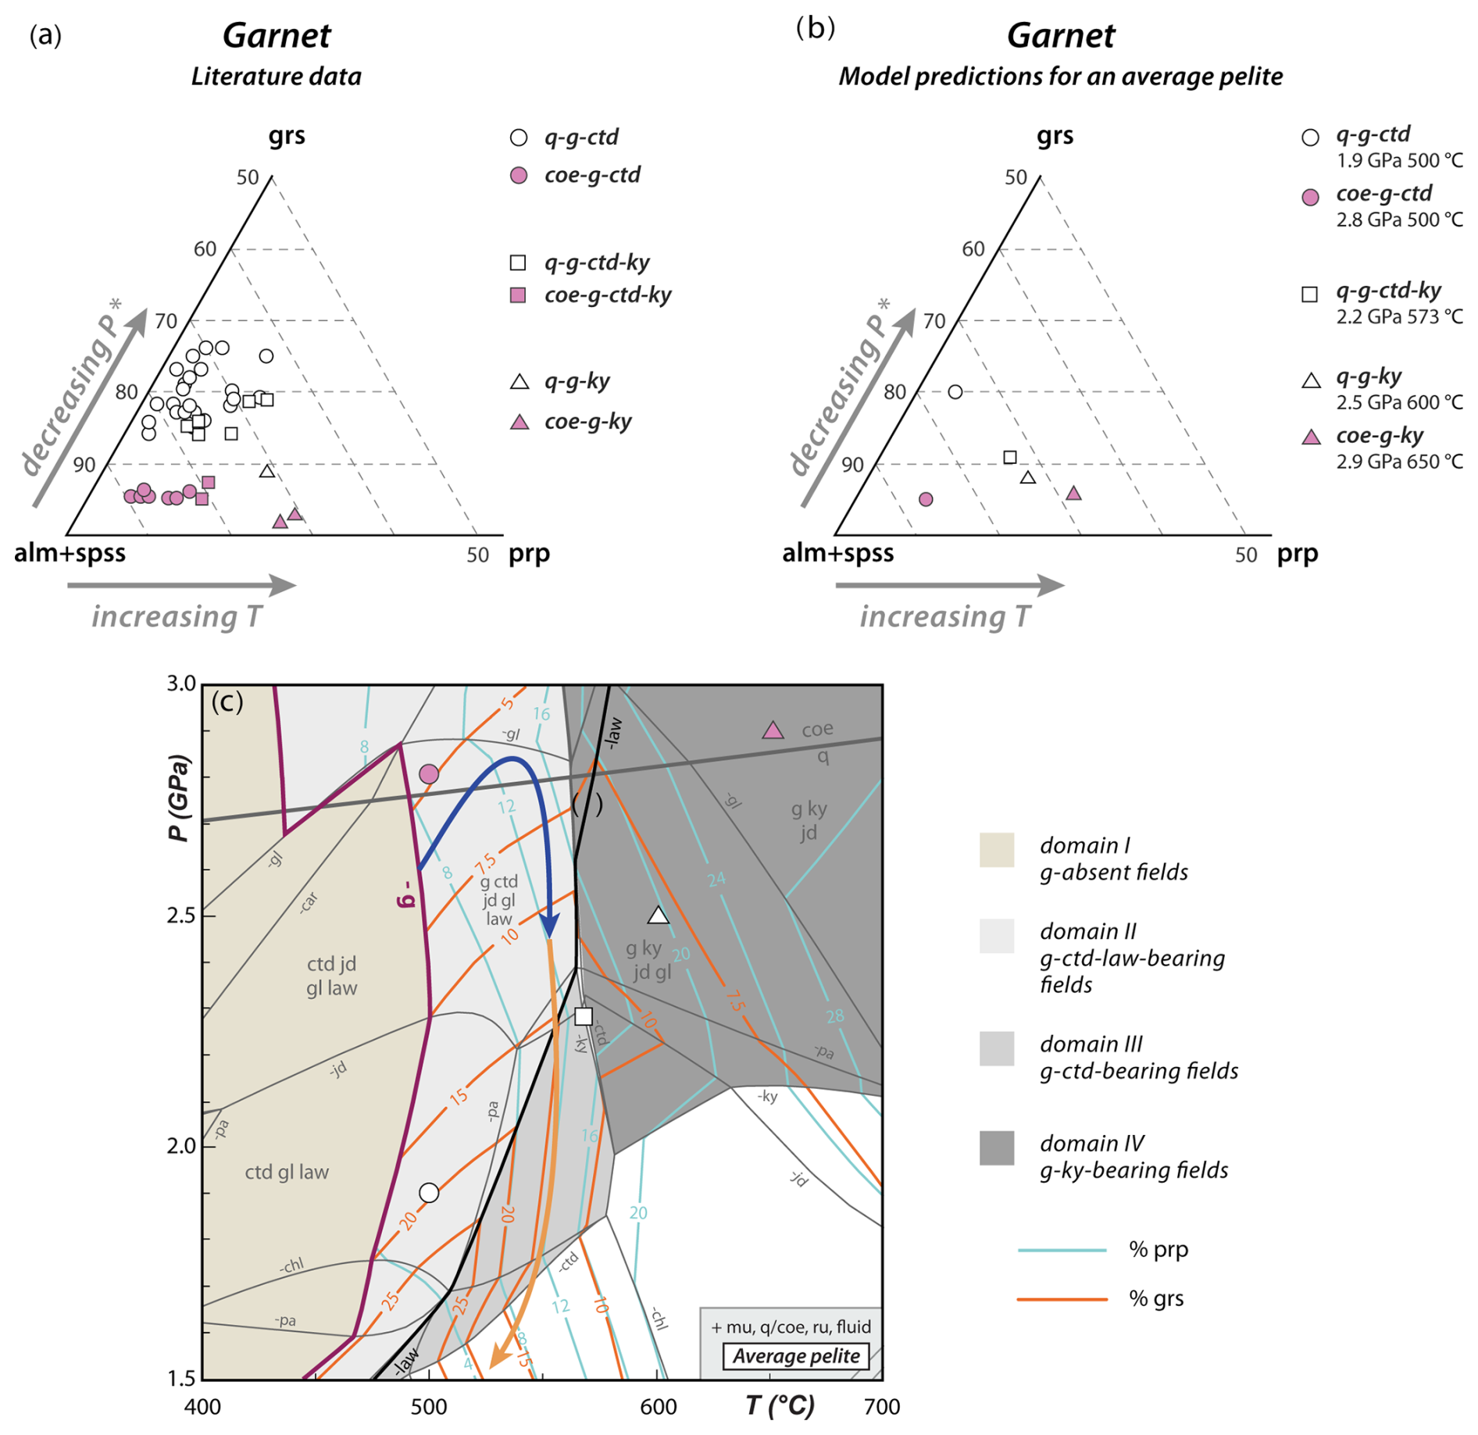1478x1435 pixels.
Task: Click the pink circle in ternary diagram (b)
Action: click(x=926, y=499)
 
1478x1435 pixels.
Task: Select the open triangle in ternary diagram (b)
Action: click(x=1028, y=477)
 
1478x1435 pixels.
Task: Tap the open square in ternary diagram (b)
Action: click(x=1010, y=457)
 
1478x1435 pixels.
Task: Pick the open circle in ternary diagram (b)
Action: click(x=955, y=391)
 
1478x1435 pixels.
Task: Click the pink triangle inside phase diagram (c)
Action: click(x=773, y=731)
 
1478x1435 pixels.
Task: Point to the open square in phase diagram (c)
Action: click(x=584, y=1016)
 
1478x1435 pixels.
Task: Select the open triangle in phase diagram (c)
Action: click(x=659, y=916)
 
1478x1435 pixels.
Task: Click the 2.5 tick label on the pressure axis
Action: click(x=180, y=915)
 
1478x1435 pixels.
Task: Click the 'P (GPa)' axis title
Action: click(x=179, y=798)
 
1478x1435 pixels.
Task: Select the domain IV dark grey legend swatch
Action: click(x=997, y=1148)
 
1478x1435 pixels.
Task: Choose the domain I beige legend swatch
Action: click(x=997, y=851)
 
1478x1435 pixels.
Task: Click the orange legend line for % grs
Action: click(x=1062, y=1299)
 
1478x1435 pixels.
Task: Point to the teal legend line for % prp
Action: click(x=1062, y=1250)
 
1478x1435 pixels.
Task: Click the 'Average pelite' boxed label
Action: click(x=796, y=1356)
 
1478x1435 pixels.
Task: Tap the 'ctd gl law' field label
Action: click(x=287, y=1172)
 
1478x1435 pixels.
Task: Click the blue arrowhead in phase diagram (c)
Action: click(x=550, y=927)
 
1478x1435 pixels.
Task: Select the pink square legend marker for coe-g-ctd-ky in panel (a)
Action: click(x=518, y=295)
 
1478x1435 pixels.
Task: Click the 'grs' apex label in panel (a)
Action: click(x=287, y=136)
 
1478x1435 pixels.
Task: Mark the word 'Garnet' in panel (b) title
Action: click(x=1061, y=36)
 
